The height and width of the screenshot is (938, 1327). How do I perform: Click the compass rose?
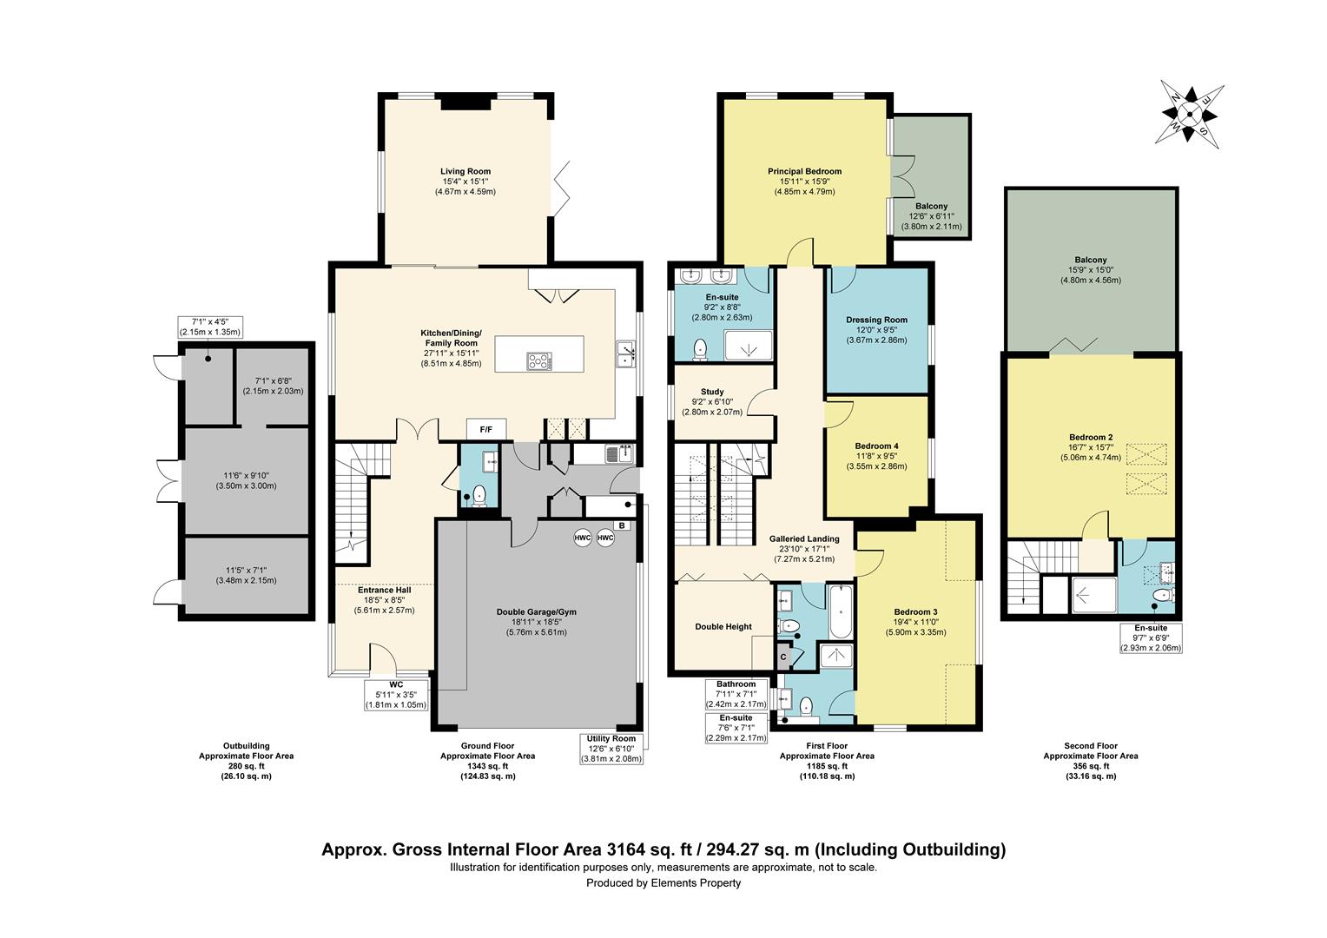click(1189, 115)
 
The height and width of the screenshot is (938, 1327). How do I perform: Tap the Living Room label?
click(465, 171)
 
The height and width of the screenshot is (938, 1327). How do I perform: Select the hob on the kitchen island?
click(539, 360)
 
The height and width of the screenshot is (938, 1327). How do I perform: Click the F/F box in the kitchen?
click(485, 430)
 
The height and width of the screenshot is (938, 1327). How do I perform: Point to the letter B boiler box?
click(622, 525)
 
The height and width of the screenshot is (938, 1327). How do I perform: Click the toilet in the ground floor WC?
click(479, 495)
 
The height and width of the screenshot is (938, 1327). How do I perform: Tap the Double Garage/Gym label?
click(536, 612)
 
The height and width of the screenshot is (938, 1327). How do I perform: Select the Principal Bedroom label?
click(804, 171)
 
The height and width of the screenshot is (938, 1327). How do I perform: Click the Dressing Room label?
click(876, 320)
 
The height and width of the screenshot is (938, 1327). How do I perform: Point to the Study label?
click(712, 392)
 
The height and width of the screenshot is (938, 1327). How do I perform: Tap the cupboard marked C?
click(783, 657)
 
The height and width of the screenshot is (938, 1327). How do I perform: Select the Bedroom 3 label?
click(916, 612)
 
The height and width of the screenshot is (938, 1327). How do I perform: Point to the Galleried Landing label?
click(804, 539)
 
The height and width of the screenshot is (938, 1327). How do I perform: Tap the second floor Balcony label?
click(1091, 261)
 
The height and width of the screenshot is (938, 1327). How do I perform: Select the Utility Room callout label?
click(611, 739)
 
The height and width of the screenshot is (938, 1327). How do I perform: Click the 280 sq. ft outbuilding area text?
click(246, 766)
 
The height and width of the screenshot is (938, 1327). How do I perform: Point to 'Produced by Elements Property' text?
click(663, 883)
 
